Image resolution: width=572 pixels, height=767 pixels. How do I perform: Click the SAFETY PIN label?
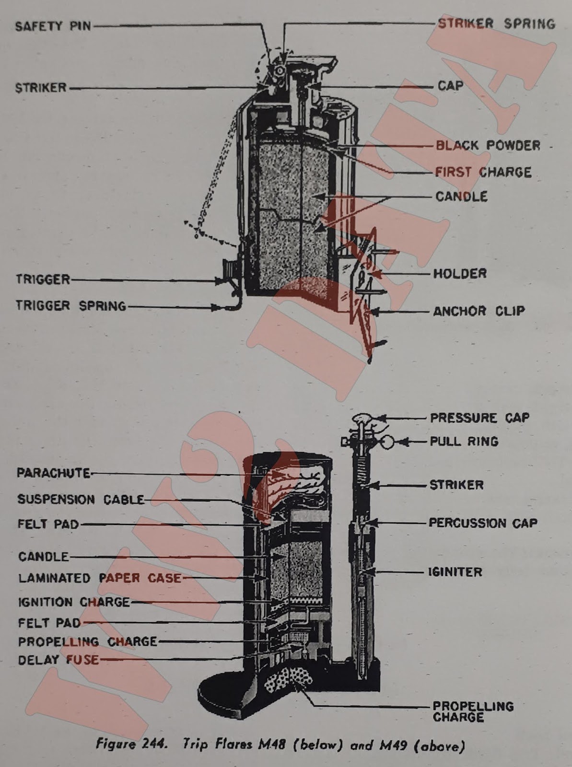tap(53, 26)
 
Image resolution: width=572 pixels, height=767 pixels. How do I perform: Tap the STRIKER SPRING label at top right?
tap(496, 23)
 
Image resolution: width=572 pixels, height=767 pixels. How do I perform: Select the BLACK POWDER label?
tap(488, 145)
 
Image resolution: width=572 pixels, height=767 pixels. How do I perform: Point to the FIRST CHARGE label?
tap(483, 172)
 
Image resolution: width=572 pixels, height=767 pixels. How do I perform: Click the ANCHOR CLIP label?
tap(479, 311)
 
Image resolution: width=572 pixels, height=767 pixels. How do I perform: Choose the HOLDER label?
tap(460, 274)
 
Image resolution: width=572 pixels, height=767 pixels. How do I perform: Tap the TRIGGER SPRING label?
tap(71, 305)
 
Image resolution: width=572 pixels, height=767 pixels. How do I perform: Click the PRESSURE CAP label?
tap(479, 418)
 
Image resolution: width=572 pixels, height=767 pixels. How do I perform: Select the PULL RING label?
tap(464, 441)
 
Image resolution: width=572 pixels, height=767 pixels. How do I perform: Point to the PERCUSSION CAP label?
tap(482, 523)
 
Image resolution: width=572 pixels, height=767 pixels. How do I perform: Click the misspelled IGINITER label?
tap(455, 572)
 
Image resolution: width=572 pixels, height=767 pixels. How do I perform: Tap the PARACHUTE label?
tap(53, 473)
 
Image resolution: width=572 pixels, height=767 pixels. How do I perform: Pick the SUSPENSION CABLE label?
tap(81, 500)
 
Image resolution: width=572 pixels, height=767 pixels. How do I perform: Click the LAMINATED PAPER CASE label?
tap(99, 578)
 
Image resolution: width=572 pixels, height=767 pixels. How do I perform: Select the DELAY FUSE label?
tap(58, 660)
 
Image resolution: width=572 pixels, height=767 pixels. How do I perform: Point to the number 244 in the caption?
tap(154, 744)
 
